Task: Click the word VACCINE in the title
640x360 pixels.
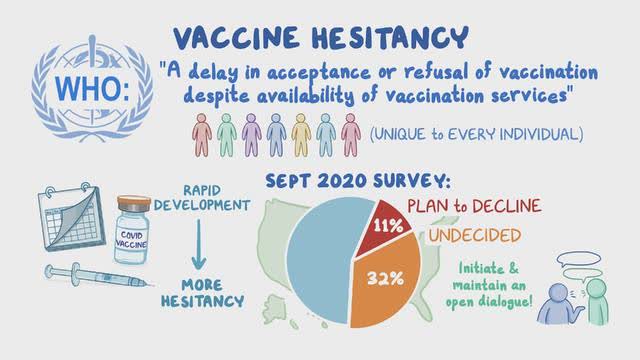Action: pyautogui.click(x=236, y=38)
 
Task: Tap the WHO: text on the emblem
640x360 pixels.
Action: pyautogui.click(x=92, y=88)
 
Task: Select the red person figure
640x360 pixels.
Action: pyautogui.click(x=202, y=135)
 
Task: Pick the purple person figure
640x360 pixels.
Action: pyautogui.click(x=251, y=135)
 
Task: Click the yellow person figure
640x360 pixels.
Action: pyautogui.click(x=301, y=135)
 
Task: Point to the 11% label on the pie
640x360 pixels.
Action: pyautogui.click(x=388, y=226)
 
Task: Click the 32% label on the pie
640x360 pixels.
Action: pyautogui.click(x=385, y=278)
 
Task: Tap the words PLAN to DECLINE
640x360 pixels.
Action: pyautogui.click(x=474, y=206)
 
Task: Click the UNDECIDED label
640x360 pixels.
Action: pyautogui.click(x=475, y=235)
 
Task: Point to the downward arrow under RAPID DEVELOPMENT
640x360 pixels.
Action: pyautogui.click(x=199, y=244)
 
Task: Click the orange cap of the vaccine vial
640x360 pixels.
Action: pyautogui.click(x=134, y=203)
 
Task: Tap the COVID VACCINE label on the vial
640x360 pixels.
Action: pyautogui.click(x=131, y=240)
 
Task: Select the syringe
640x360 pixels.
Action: pyautogui.click(x=96, y=276)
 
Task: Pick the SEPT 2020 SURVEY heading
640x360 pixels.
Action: pyautogui.click(x=358, y=181)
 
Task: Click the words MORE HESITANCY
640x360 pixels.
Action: pyautogui.click(x=202, y=293)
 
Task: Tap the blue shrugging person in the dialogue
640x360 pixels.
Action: pyautogui.click(x=559, y=304)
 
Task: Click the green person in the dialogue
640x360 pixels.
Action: pyautogui.click(x=597, y=302)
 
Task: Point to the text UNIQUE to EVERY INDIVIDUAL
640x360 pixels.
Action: pyautogui.click(x=476, y=134)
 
